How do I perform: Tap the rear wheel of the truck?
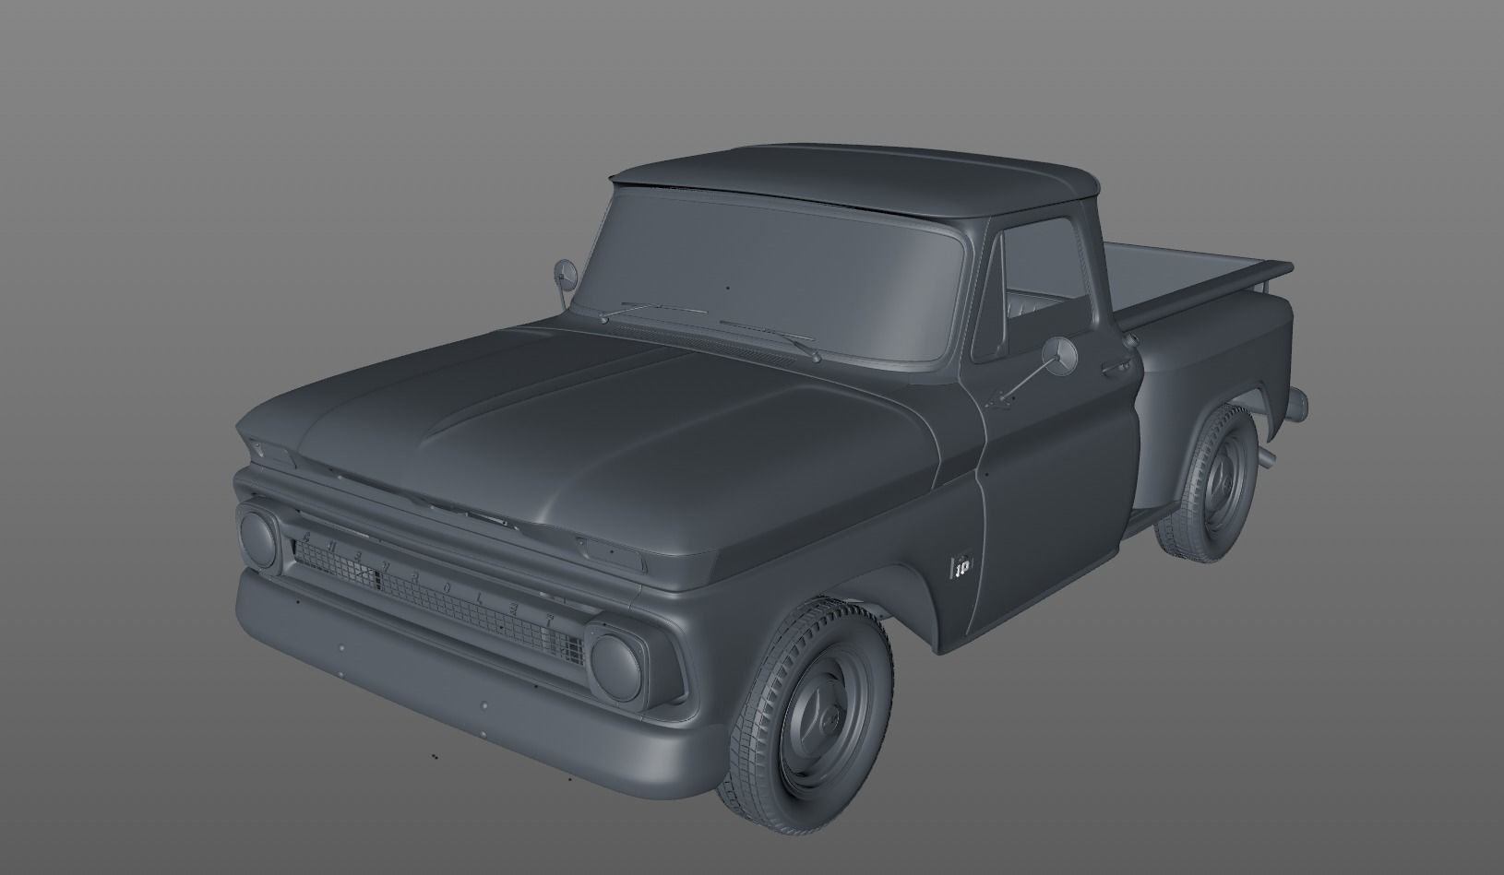pyautogui.click(x=1210, y=483)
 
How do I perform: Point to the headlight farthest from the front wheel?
pyautogui.click(x=258, y=539)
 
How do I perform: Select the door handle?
pyautogui.click(x=1118, y=367)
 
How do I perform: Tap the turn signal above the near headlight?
pyautogui.click(x=609, y=551)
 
